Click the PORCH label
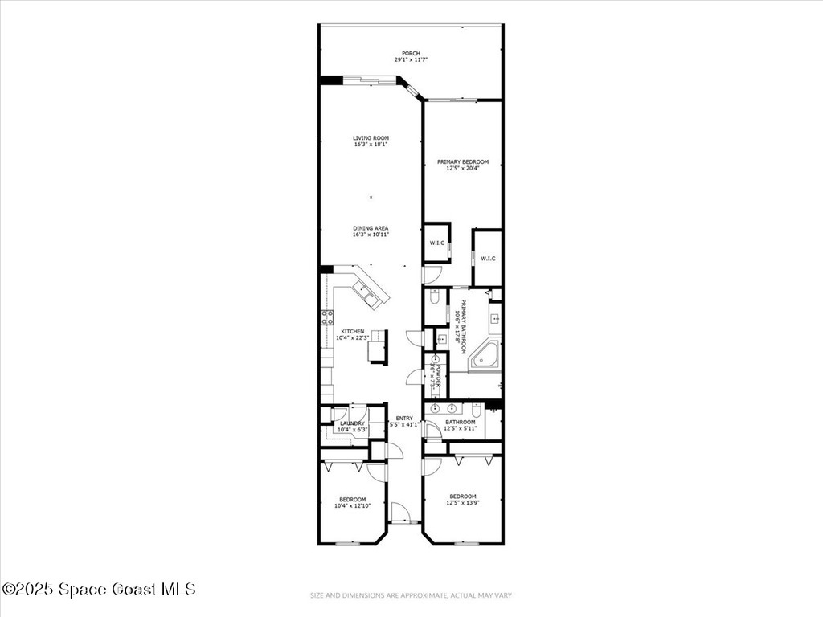pos(411,53)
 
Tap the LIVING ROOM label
pos(371,137)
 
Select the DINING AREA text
pos(371,228)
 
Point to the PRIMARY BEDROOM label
pos(462,161)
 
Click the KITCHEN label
pos(352,331)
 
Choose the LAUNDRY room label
pos(352,423)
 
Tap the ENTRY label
pos(403,418)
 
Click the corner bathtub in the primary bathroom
pos(485,356)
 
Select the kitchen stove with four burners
pos(327,317)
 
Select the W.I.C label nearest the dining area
pos(436,243)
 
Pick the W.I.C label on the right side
pos(488,258)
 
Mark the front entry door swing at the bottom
pos(399,512)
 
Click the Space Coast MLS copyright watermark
pos(98,589)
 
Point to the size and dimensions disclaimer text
pos(411,595)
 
